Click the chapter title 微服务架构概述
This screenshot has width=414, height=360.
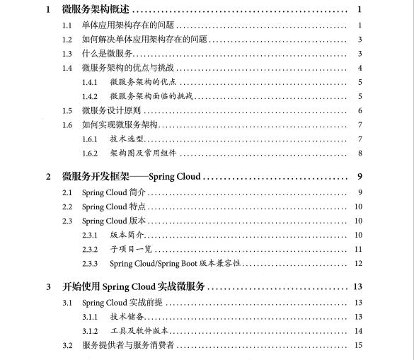(96, 10)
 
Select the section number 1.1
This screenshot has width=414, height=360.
(67, 25)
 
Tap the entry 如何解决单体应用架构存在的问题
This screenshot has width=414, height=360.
(144, 40)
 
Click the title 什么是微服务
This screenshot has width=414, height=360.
(108, 54)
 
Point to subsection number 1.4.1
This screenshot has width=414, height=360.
(89, 82)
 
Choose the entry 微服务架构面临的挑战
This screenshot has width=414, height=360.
(151, 96)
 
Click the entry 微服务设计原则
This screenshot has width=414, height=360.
(112, 110)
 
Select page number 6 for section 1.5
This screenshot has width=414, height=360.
(360, 110)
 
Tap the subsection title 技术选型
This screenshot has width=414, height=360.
(127, 139)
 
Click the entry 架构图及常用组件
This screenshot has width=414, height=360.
(142, 153)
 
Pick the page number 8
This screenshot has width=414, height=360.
(360, 153)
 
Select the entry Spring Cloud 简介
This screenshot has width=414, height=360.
(114, 192)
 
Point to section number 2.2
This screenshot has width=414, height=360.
(67, 207)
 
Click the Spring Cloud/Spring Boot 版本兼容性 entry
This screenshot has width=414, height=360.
(176, 263)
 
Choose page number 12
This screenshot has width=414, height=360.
(358, 263)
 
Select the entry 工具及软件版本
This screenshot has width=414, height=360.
(139, 331)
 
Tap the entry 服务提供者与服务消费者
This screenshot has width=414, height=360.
(128, 345)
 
